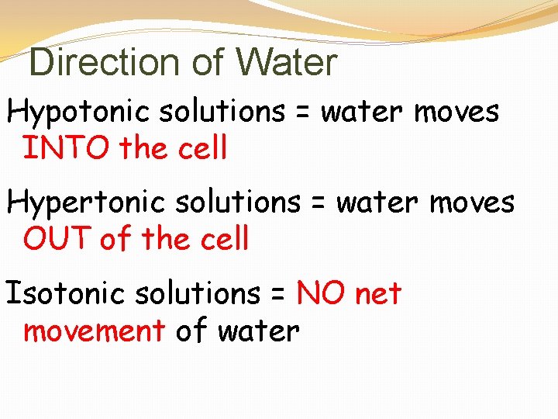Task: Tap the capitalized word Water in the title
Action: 287,63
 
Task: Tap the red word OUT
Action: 57,239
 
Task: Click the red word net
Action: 378,295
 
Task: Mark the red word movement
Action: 94,331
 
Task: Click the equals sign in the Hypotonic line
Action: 302,113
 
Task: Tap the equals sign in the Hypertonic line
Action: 317,204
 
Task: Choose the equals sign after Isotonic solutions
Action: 278,295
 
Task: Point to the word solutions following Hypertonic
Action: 237,203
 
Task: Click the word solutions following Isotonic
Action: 198,294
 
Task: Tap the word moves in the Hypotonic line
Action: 456,113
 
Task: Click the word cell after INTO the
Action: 204,148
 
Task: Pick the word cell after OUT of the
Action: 226,239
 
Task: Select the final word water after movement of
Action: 258,331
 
